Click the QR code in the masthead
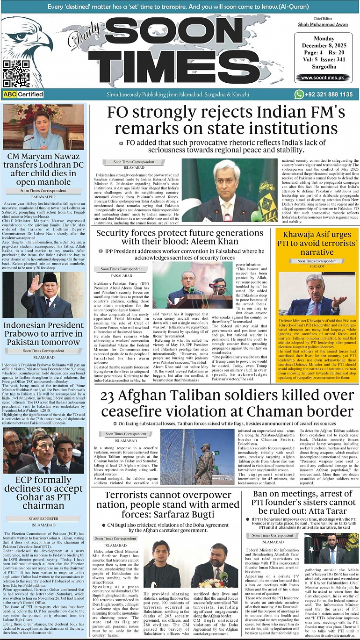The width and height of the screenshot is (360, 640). tap(16, 73)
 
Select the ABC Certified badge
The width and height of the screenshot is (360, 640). tap(23, 94)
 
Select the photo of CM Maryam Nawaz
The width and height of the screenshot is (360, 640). tap(43, 128)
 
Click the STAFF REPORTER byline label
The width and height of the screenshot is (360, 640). tap(43, 519)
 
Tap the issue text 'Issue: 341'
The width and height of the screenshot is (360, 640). tap(332, 60)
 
